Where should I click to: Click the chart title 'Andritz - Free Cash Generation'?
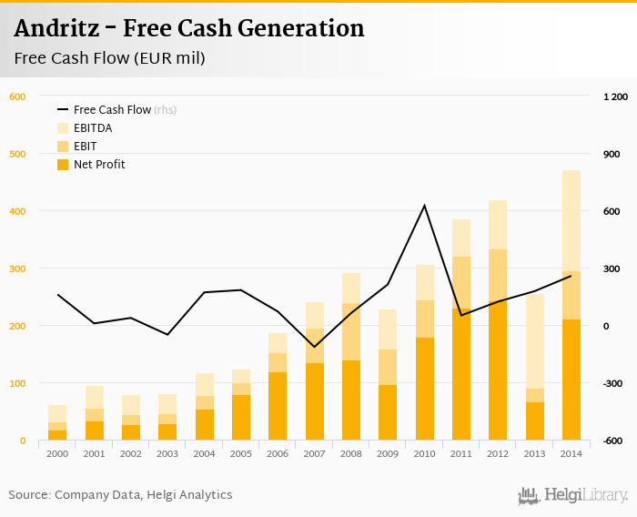click(x=189, y=29)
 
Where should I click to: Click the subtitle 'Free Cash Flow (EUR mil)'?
click(x=109, y=59)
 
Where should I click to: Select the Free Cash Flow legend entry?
click(x=112, y=110)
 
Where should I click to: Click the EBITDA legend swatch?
click(x=63, y=128)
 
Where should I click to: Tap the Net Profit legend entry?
click(x=99, y=165)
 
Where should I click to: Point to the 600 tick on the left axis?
click(x=17, y=96)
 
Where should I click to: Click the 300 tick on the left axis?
click(x=17, y=269)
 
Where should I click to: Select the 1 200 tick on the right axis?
click(x=616, y=96)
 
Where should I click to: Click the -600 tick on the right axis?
click(x=614, y=441)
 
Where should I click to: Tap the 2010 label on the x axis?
click(x=424, y=452)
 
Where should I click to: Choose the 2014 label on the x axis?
click(x=571, y=452)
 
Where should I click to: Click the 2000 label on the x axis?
click(x=57, y=452)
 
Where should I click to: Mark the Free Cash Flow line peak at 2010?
click(x=424, y=206)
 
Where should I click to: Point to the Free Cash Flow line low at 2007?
click(x=314, y=346)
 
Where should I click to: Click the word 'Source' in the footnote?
click(x=28, y=495)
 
